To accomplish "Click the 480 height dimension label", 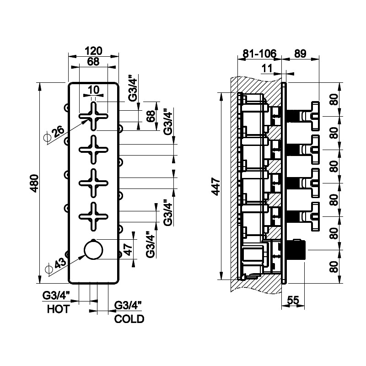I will [x=40, y=183].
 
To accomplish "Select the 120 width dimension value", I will [x=93, y=51].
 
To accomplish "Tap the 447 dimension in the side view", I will [x=216, y=186].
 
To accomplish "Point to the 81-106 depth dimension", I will [x=259, y=54].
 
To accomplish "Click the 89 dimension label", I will [x=300, y=54].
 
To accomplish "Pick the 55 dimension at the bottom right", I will [x=293, y=300].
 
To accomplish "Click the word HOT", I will [x=58, y=309].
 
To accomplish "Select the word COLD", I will [x=129, y=319].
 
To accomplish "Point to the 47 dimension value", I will [x=128, y=250].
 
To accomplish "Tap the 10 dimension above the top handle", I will [x=93, y=90].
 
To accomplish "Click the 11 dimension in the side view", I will [x=268, y=68].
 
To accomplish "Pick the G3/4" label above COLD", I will [x=129, y=305].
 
